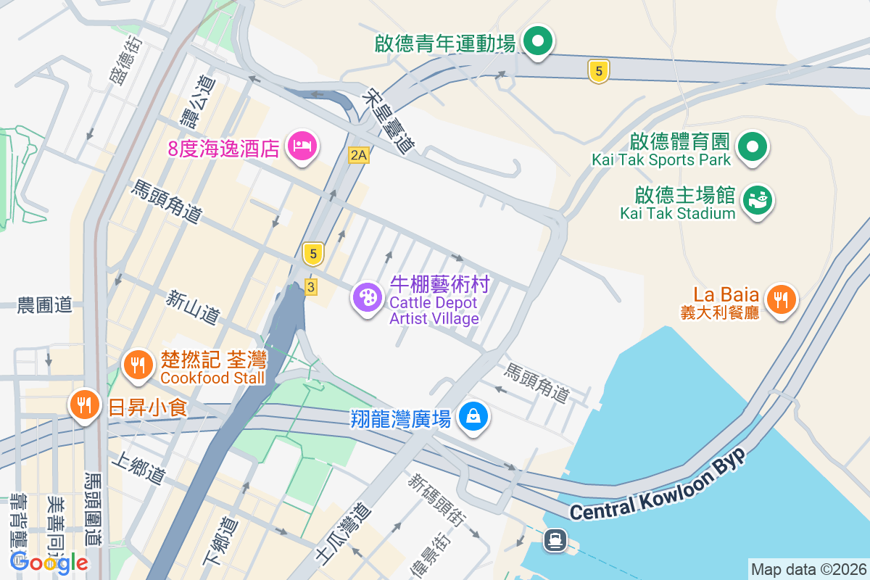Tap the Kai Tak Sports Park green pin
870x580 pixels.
pyautogui.click(x=753, y=147)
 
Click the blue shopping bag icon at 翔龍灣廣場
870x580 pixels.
pyautogui.click(x=473, y=416)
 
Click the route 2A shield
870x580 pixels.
pyautogui.click(x=358, y=155)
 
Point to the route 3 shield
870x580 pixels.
pyautogui.click(x=311, y=286)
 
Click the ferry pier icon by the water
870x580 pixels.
pyautogui.click(x=556, y=539)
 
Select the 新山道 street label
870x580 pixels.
pyautogui.click(x=192, y=307)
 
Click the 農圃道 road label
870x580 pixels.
pyautogui.click(x=45, y=305)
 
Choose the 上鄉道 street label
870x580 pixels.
pyautogui.click(x=138, y=469)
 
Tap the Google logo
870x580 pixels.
pyautogui.click(x=49, y=562)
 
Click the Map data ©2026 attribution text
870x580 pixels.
pyautogui.click(x=808, y=569)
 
